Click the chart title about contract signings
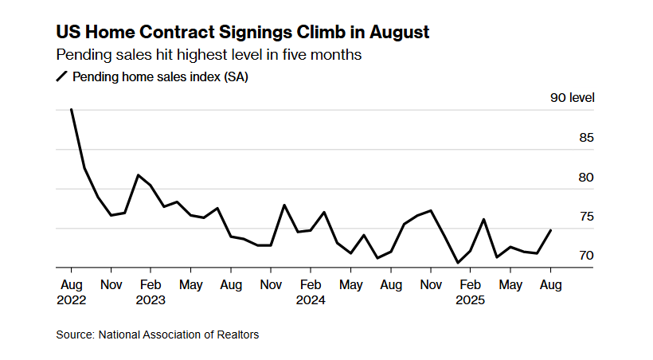point(242,33)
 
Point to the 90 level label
point(572,98)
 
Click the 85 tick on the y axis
point(586,138)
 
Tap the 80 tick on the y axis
point(586,177)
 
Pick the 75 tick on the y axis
point(586,217)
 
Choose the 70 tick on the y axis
point(586,256)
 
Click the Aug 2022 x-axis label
point(72,292)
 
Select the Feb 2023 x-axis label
point(151,292)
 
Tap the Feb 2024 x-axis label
point(311,292)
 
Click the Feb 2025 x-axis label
point(471,292)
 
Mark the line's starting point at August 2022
point(72,110)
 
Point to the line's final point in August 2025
point(551,230)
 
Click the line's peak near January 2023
point(138,175)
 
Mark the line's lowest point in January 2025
point(458,263)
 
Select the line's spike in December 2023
point(284,205)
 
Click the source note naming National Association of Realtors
point(157,335)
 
